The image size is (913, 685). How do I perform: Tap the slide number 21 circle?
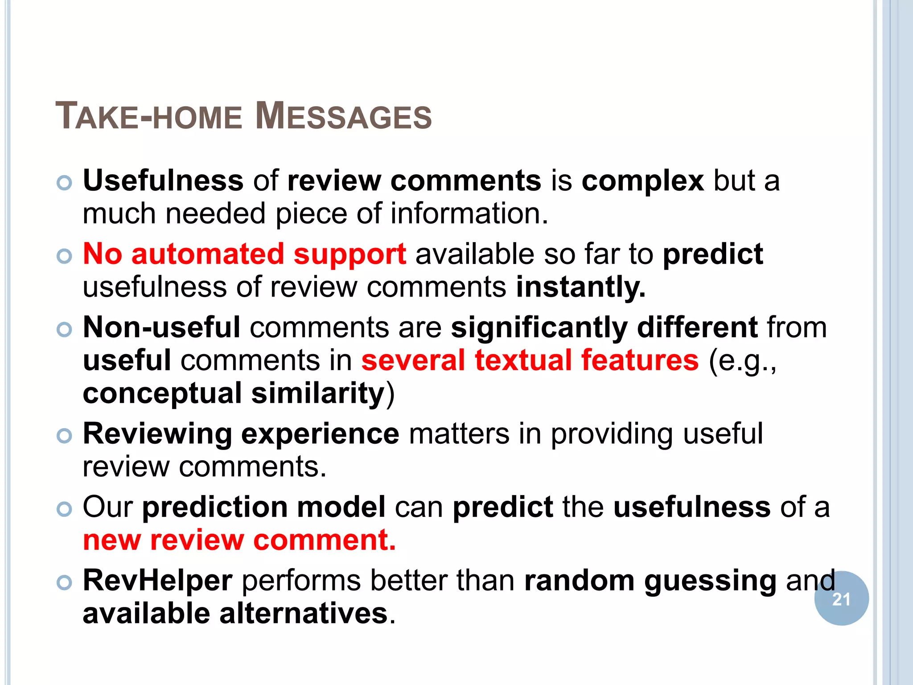click(841, 599)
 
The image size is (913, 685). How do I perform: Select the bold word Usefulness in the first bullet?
click(163, 181)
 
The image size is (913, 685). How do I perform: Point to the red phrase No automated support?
click(244, 254)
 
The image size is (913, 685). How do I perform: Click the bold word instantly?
click(580, 287)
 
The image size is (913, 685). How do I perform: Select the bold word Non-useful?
click(162, 327)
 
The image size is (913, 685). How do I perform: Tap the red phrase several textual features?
click(530, 360)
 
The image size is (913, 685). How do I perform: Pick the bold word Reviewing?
click(157, 434)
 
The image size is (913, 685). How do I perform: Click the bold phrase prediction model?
click(263, 508)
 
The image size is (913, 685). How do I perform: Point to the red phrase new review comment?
click(239, 540)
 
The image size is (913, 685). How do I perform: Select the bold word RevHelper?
click(157, 581)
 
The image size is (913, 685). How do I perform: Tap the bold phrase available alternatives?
click(235, 614)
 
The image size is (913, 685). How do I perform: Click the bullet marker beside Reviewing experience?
click(65, 436)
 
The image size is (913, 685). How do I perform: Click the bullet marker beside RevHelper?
click(65, 582)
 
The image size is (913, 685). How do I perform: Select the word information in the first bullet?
click(469, 214)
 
